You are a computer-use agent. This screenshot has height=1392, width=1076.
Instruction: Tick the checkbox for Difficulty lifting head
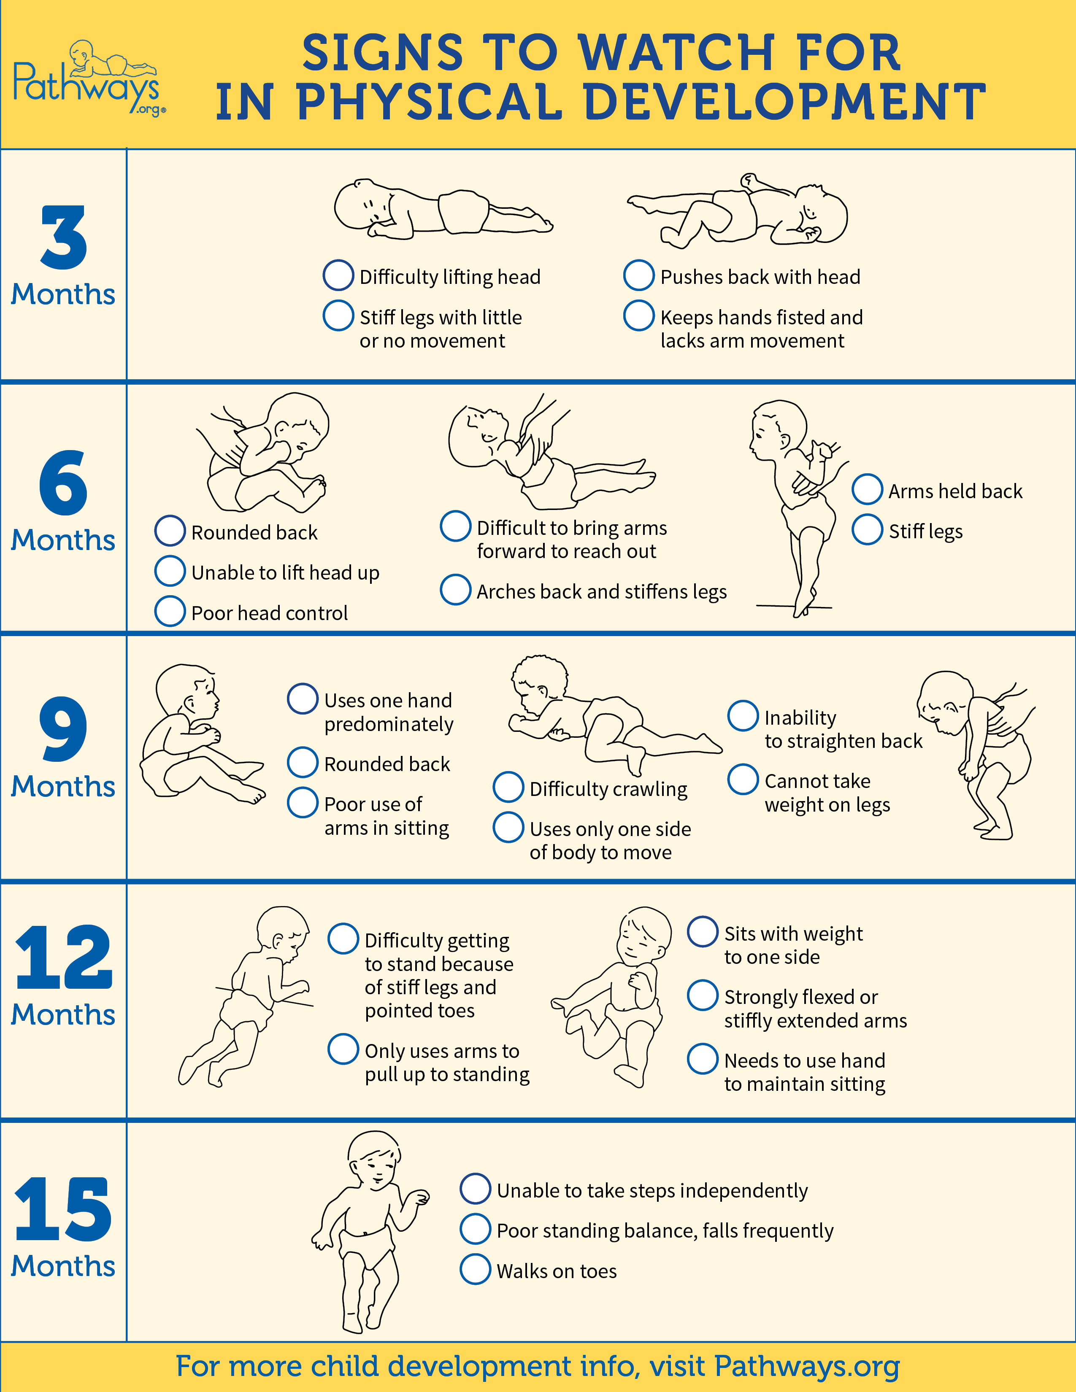pos(338,275)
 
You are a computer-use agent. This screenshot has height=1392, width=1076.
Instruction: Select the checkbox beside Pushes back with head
pos(639,275)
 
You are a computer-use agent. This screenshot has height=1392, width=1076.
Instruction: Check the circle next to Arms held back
pos(868,489)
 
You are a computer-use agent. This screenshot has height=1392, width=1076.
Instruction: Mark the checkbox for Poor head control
pos(170,611)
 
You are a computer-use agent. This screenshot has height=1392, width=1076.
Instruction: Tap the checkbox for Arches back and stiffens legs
pos(456,590)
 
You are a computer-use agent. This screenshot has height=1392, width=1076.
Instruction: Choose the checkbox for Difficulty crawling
pos(509,787)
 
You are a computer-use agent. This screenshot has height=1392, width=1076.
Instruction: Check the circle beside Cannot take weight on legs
pos(743,780)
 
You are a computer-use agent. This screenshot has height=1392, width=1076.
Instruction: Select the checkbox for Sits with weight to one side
pos(703,932)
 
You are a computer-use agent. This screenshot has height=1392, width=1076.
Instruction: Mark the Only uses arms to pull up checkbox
pos(343,1049)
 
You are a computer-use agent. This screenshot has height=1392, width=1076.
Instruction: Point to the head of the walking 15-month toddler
pos(375,1161)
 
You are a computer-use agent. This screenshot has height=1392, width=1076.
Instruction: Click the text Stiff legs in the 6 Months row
pos(925,531)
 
